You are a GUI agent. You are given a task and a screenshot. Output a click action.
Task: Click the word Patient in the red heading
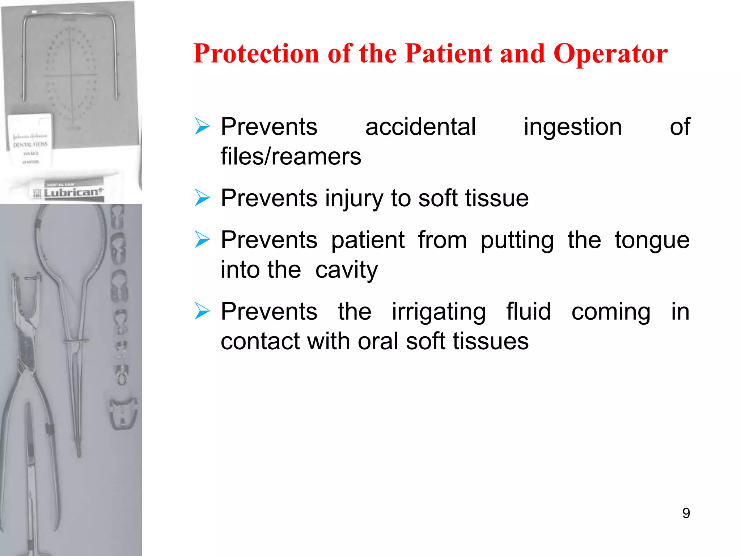point(449,54)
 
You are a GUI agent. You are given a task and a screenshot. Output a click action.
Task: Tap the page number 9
point(686,513)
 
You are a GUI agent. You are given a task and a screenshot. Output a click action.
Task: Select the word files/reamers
point(291,157)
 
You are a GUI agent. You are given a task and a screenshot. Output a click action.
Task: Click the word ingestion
point(573,127)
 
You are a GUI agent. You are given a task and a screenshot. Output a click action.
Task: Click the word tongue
point(652,241)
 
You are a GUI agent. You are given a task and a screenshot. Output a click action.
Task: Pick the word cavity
point(346,270)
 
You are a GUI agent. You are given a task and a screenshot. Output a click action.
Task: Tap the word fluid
point(528,312)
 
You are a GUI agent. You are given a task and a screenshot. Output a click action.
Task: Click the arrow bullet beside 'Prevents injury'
point(202,198)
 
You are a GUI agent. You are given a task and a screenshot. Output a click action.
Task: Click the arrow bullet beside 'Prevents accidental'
point(202,126)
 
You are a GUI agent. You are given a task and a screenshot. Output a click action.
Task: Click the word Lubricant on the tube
point(73,192)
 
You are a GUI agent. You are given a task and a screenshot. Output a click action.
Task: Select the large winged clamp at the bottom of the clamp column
point(123,413)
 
